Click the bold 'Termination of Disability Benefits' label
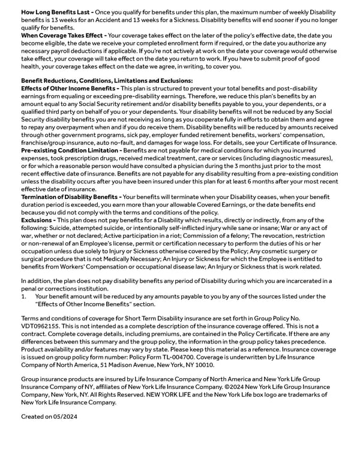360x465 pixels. point(70,197)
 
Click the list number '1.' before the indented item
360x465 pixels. point(24,296)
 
